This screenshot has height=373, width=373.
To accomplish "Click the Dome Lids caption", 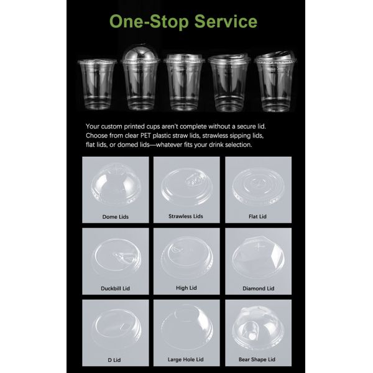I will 115,217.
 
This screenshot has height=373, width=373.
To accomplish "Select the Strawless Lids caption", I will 186,216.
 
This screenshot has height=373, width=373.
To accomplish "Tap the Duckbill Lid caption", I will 115,288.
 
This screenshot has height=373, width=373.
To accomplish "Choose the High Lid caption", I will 186,288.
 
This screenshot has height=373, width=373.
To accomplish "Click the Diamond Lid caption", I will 257,288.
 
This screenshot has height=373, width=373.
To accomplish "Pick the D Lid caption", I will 115,359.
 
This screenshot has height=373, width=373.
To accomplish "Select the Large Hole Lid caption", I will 186,359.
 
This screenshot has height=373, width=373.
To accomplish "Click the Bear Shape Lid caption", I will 257,359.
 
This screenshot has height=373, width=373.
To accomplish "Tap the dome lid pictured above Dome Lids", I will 115,183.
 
